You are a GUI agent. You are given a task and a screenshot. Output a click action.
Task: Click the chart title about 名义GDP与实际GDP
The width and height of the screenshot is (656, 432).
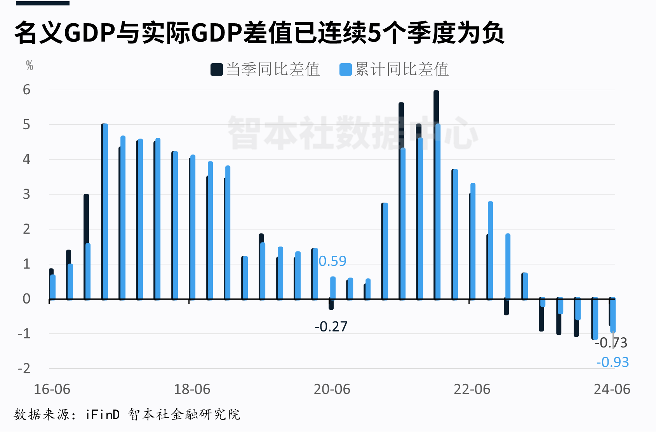(259, 33)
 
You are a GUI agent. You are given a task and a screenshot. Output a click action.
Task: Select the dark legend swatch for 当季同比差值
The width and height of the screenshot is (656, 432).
(216, 69)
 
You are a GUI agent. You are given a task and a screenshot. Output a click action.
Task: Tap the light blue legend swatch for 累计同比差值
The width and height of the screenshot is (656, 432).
(345, 69)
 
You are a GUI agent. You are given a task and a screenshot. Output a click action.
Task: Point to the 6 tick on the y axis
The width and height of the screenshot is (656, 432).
(26, 90)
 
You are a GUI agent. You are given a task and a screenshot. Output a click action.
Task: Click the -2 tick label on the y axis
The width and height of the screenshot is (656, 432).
(24, 368)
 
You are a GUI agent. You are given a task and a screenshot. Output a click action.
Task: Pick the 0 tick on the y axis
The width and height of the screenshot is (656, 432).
(26, 298)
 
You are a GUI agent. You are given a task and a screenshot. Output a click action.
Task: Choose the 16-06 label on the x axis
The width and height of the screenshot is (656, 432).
(52, 389)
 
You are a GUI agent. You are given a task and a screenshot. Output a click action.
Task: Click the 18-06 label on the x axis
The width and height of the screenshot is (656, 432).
(192, 389)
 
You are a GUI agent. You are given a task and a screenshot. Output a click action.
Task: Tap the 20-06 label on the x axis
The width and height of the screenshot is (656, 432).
(332, 389)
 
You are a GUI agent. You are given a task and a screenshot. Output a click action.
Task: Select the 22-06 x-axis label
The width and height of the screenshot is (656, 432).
(472, 389)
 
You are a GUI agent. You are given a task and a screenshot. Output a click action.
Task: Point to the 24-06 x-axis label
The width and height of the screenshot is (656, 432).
(612, 389)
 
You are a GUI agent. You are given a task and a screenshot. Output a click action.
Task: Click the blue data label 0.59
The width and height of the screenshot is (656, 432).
(332, 261)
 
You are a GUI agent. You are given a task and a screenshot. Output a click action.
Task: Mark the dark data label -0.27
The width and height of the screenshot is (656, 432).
(331, 326)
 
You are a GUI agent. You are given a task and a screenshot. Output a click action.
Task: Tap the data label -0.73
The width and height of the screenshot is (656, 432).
(611, 343)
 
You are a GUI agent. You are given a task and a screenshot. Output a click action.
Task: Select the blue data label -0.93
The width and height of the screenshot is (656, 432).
(612, 362)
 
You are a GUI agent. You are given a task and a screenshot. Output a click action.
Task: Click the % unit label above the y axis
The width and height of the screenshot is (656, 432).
(30, 65)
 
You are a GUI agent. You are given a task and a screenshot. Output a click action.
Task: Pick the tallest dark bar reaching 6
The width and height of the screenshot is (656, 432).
(436, 194)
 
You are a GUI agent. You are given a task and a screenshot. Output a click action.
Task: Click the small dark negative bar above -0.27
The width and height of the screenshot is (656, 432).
(331, 304)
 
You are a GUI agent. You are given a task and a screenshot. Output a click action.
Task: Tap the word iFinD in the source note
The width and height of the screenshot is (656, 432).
(103, 415)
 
